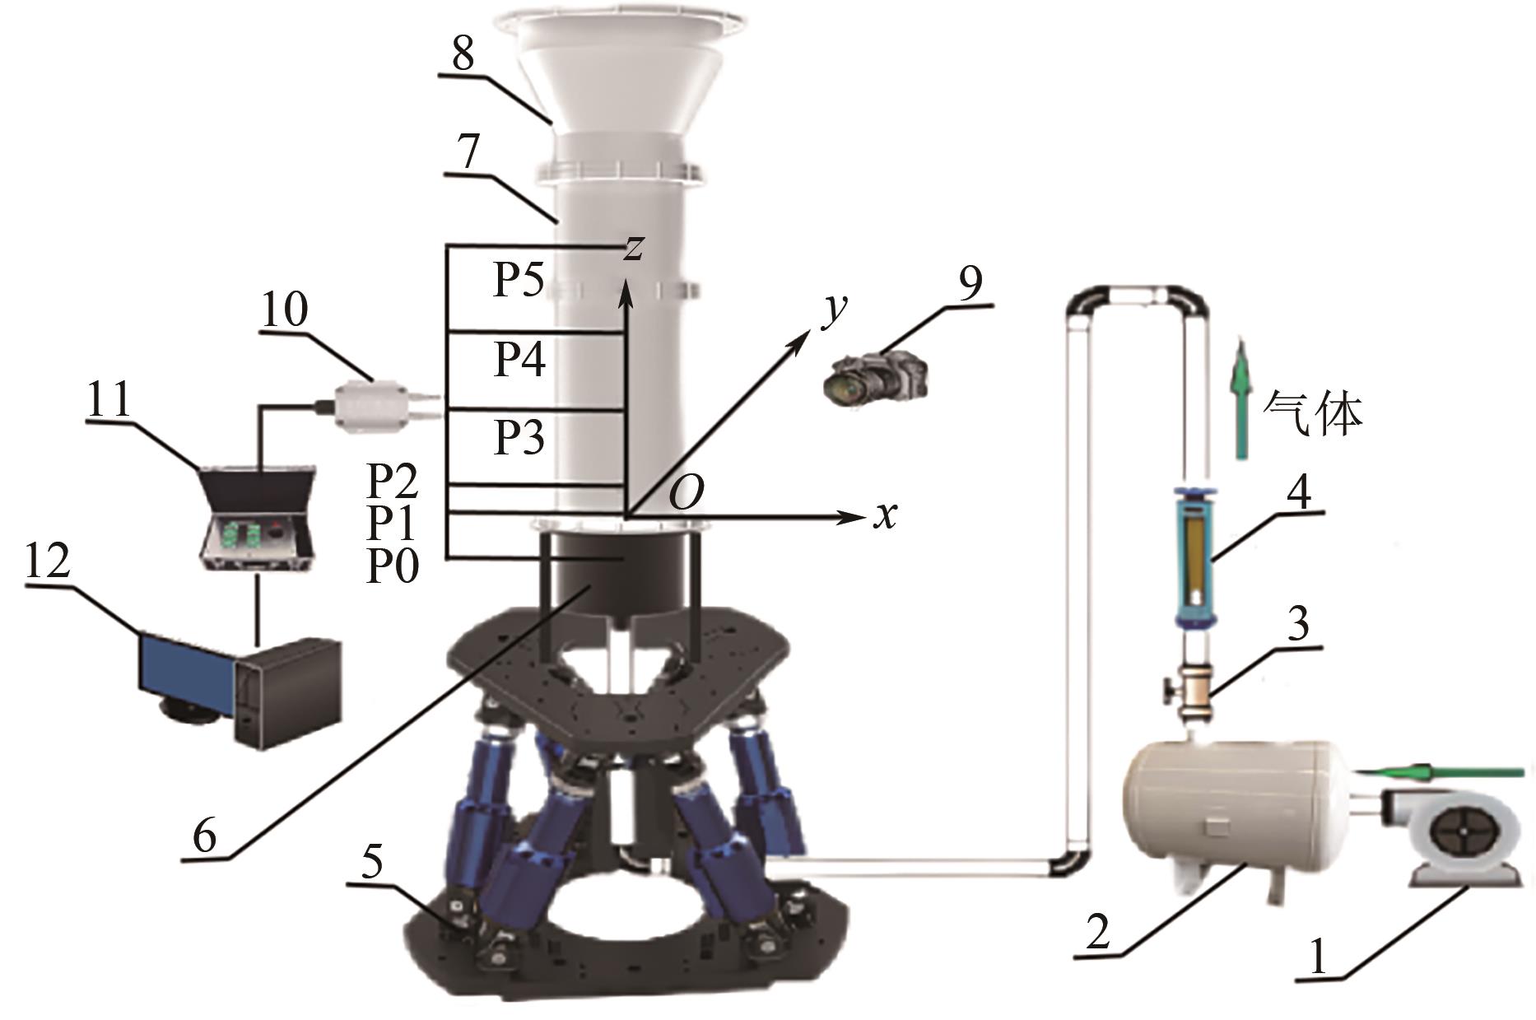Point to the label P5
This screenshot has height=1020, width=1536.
[519, 281]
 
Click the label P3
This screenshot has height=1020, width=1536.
[519, 437]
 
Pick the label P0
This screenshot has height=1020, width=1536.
[393, 566]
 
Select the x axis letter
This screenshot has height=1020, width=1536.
[884, 516]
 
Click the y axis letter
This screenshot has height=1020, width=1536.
[835, 311]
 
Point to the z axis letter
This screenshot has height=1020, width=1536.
[632, 247]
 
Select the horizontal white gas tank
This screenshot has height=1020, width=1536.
[1235, 809]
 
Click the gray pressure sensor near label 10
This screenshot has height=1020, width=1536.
[380, 404]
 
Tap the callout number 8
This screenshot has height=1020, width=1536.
[463, 55]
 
